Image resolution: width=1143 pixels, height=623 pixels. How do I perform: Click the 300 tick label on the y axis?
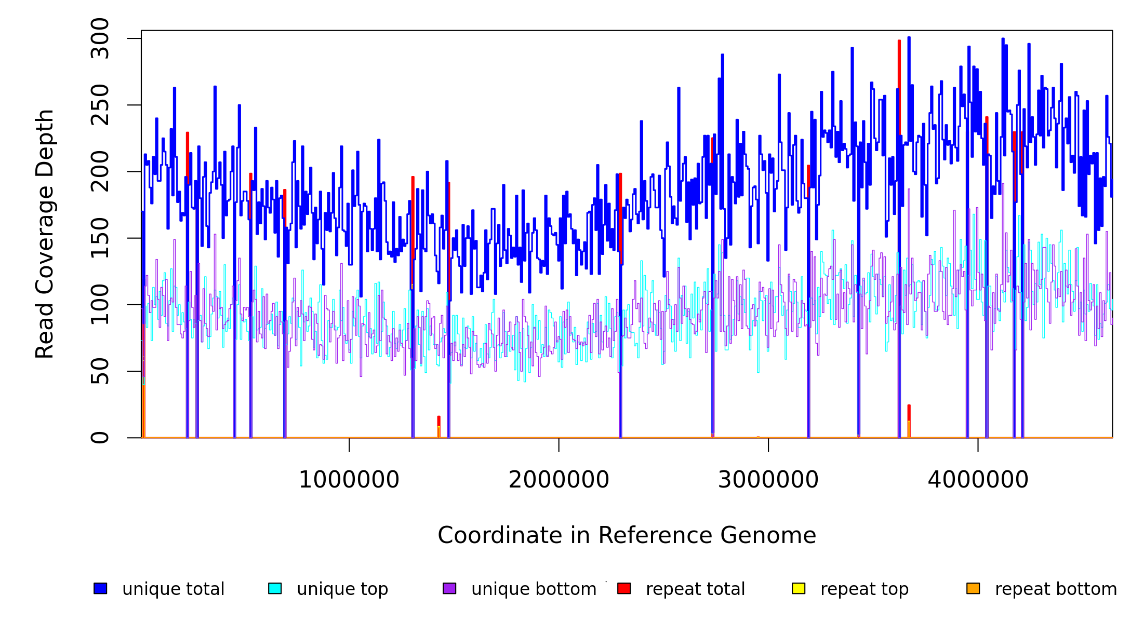pyautogui.click(x=99, y=38)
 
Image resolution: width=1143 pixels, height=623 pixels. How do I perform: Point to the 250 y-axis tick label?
pyautogui.click(x=99, y=105)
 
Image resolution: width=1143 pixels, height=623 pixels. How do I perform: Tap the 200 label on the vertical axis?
pyautogui.click(x=99, y=171)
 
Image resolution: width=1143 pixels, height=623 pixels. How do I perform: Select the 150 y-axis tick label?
pyautogui.click(x=99, y=238)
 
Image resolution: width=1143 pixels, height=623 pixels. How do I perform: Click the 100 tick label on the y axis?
pyautogui.click(x=99, y=304)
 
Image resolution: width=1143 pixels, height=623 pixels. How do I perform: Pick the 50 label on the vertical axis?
pyautogui.click(x=99, y=371)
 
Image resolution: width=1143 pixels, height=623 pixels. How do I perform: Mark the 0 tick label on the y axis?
pyautogui.click(x=99, y=437)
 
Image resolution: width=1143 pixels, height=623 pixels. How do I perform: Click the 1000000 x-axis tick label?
pyautogui.click(x=349, y=480)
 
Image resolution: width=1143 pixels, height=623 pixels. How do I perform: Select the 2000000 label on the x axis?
pyautogui.click(x=559, y=480)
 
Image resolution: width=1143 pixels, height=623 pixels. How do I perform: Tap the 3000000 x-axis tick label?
pyautogui.click(x=768, y=480)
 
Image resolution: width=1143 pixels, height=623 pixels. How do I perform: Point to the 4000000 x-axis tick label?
pyautogui.click(x=978, y=480)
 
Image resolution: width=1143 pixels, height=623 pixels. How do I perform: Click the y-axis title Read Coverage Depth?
pyautogui.click(x=45, y=234)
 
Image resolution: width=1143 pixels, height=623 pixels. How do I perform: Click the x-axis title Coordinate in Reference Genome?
pyautogui.click(x=627, y=536)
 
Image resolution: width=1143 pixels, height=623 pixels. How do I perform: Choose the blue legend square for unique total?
pyautogui.click(x=100, y=588)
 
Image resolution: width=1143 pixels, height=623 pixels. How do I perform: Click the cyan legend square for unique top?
pyautogui.click(x=275, y=588)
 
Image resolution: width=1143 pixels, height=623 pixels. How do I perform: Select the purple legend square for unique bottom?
pyautogui.click(x=449, y=588)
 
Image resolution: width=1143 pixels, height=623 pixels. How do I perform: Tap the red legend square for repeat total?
pyautogui.click(x=624, y=588)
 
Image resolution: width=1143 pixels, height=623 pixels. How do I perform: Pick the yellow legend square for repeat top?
pyautogui.click(x=799, y=588)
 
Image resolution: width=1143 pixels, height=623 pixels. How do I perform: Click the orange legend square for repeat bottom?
pyautogui.click(x=973, y=588)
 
